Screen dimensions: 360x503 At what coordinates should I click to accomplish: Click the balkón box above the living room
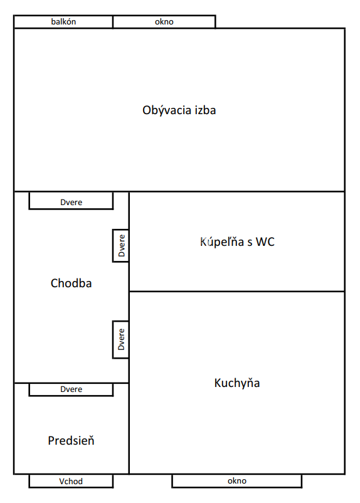pyautogui.click(x=63, y=22)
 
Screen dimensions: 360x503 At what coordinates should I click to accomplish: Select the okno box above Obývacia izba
pyautogui.click(x=164, y=22)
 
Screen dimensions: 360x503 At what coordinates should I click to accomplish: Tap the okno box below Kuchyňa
pyautogui.click(x=237, y=481)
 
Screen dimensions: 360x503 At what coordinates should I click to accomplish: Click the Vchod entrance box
pyautogui.click(x=71, y=481)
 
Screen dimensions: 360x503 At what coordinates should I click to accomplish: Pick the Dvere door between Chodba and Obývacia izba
pyautogui.click(x=71, y=201)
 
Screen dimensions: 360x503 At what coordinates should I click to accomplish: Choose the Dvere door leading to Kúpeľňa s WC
pyautogui.click(x=121, y=246)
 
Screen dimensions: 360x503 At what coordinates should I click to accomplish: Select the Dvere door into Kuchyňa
pyautogui.click(x=121, y=339)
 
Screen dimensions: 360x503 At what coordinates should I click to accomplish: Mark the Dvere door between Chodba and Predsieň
pyautogui.click(x=71, y=389)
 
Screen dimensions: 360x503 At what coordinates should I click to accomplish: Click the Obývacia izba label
pyautogui.click(x=179, y=110)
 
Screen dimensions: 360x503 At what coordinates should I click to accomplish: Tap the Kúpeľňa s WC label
pyautogui.click(x=237, y=242)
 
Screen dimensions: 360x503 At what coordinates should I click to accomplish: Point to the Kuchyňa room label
pyautogui.click(x=237, y=383)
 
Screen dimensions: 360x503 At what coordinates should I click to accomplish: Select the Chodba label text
pyautogui.click(x=71, y=283)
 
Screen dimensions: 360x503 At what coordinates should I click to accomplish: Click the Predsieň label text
pyautogui.click(x=71, y=440)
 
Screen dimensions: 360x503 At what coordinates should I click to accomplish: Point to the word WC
pyautogui.click(x=265, y=242)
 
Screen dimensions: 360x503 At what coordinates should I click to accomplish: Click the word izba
pyautogui.click(x=205, y=110)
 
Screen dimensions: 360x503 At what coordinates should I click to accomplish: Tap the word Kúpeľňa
pyautogui.click(x=222, y=242)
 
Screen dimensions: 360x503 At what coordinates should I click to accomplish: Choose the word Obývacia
pyautogui.click(x=167, y=110)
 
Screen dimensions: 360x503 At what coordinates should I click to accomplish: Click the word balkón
pyautogui.click(x=63, y=21)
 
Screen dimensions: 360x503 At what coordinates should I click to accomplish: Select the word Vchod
pyautogui.click(x=71, y=481)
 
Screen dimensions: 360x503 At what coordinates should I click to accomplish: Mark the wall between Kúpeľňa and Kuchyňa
pyautogui.click(x=237, y=292)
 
